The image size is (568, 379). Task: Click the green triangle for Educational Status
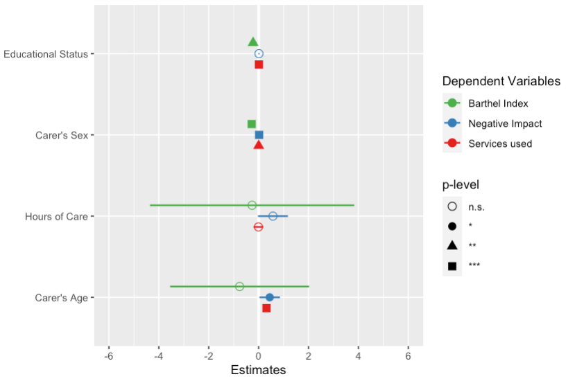pos(253,42)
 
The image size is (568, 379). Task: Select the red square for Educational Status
pos(259,64)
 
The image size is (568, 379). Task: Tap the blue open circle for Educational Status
pos(259,53)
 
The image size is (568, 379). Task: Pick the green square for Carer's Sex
pos(252,124)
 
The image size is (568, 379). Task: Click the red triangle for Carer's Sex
pos(259,146)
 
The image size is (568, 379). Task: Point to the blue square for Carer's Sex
pos(259,135)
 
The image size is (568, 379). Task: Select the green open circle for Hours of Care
pos(252,205)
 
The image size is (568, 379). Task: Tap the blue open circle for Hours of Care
pos(273,216)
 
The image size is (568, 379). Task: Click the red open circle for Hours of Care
pos(259,227)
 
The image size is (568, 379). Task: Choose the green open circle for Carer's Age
pos(239,286)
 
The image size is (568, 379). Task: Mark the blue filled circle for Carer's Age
pos(270,297)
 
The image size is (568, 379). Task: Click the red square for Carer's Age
pos(266,308)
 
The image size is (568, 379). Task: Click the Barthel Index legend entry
pos(498,103)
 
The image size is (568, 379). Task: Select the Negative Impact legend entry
pos(505,123)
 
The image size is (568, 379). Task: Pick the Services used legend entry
pos(500,143)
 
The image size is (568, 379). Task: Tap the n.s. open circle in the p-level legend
pos(452,206)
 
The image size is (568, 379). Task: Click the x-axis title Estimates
pos(258,370)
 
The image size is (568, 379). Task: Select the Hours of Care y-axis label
pos(56,216)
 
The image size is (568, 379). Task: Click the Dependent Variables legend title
pos(501,82)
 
